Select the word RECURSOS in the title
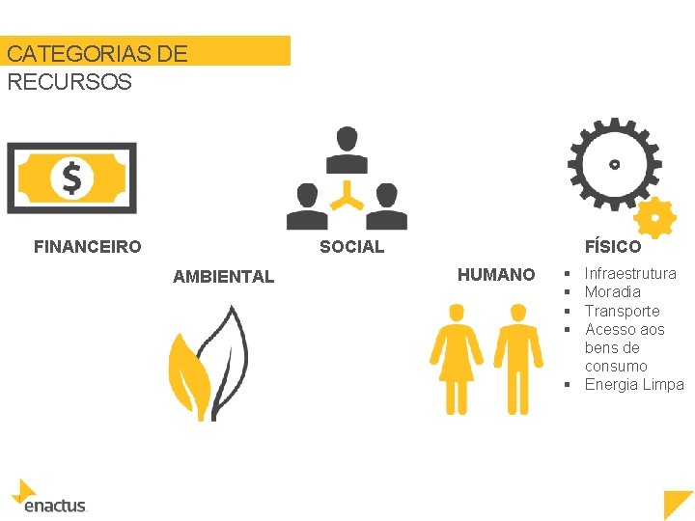click(69, 82)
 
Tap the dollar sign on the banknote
click(71, 178)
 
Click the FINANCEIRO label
click(87, 247)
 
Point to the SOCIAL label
click(351, 247)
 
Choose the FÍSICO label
click(612, 247)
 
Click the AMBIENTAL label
click(223, 277)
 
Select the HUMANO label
click(495, 275)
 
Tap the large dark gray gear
click(614, 163)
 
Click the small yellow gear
click(655, 218)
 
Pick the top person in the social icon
click(347, 149)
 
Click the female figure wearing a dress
click(457, 357)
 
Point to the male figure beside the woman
click(518, 357)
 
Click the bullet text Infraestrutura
click(629, 274)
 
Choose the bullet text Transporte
click(622, 311)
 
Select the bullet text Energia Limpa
click(633, 385)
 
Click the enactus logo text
click(55, 505)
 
